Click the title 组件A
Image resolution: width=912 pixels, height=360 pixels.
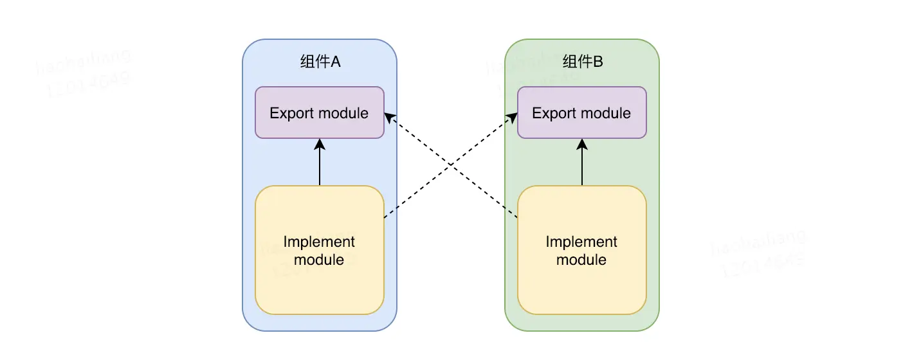[x=320, y=62]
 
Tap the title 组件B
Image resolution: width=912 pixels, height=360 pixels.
[x=582, y=62]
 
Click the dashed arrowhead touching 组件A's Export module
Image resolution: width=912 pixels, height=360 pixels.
[x=388, y=116]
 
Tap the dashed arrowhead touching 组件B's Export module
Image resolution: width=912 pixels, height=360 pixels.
[x=513, y=116]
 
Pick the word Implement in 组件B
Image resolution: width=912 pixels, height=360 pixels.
[x=581, y=242]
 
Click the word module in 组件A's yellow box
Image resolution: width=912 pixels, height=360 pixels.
[x=319, y=260]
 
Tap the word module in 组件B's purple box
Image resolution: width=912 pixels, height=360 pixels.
[x=606, y=113]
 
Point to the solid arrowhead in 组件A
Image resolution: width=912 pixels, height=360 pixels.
[x=320, y=144]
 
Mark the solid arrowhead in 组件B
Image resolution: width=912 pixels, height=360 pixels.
[x=582, y=144]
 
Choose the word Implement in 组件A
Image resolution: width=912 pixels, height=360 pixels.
[x=319, y=242]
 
